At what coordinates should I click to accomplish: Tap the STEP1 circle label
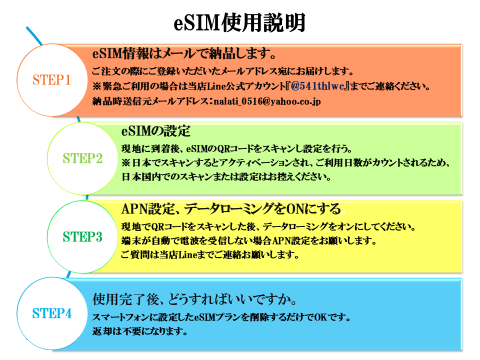51,80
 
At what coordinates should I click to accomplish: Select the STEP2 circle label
82,158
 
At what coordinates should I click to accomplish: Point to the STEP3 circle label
82,237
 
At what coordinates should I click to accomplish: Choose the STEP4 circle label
52,313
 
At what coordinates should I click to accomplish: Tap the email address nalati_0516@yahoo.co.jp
267,101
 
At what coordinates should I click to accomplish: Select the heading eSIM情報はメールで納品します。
184,53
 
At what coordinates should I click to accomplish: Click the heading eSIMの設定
156,131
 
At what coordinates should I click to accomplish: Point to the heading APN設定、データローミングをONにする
231,208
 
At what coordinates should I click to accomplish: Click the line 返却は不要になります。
140,331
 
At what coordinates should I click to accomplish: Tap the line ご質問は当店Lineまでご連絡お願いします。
210,255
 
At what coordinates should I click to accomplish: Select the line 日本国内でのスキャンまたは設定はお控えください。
225,177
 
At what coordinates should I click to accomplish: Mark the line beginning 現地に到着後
237,148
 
